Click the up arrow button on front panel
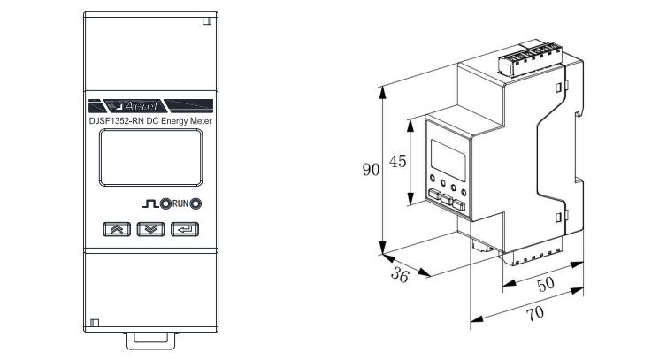[117, 229]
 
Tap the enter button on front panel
[185, 229]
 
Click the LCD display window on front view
[151, 157]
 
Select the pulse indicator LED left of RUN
[165, 203]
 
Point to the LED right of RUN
[195, 203]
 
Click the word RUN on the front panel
[180, 203]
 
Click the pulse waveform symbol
[150, 203]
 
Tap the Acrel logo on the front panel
[141, 106]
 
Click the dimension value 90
[371, 169]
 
